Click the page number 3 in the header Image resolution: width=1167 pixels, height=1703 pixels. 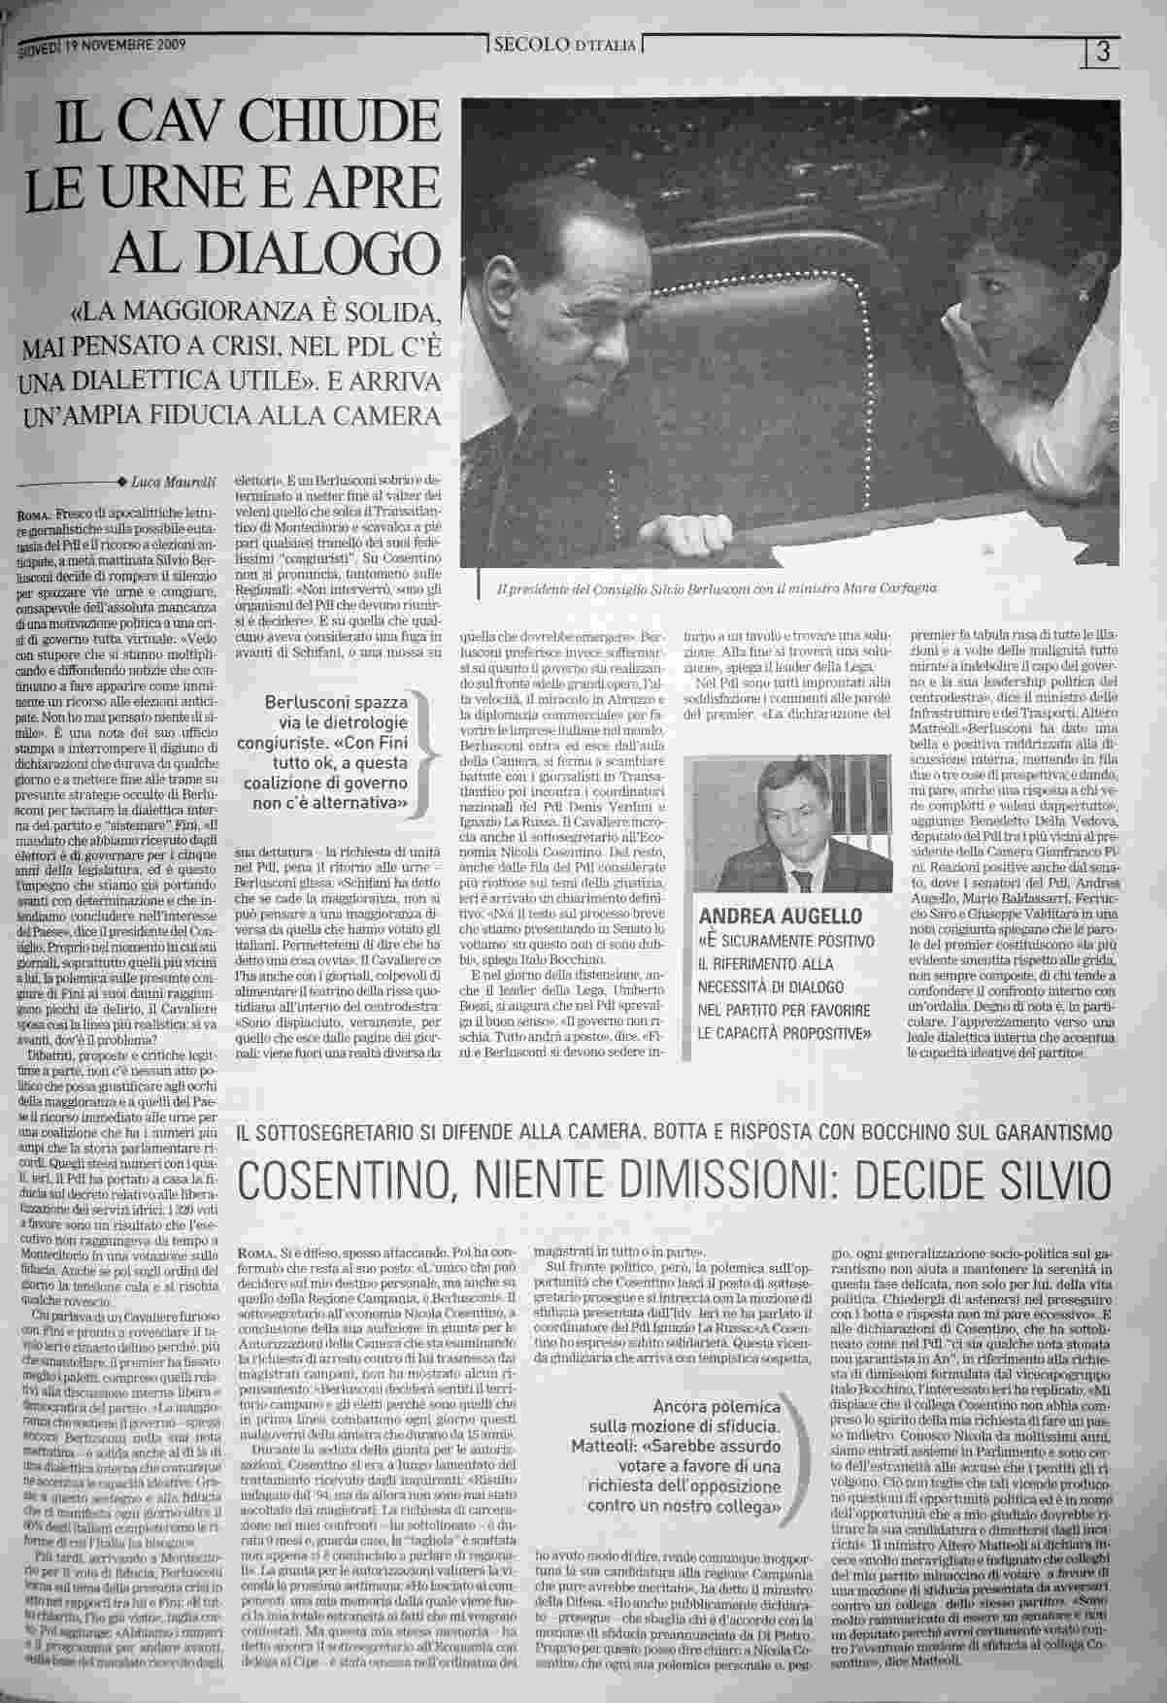[1101, 51]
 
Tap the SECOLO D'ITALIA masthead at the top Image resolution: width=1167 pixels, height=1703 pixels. [564, 45]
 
